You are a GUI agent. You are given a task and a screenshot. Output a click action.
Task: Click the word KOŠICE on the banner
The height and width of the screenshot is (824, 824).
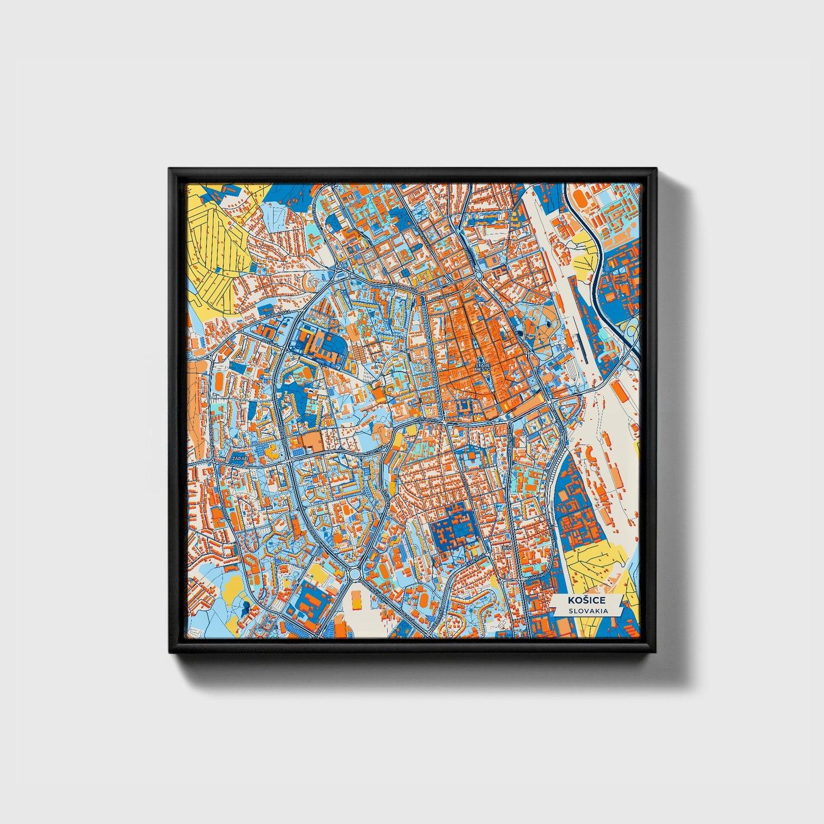click(x=586, y=600)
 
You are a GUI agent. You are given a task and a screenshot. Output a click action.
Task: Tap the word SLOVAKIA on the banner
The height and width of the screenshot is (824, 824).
click(x=587, y=611)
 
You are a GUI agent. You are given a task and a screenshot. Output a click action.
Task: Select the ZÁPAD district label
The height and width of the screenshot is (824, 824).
click(x=238, y=458)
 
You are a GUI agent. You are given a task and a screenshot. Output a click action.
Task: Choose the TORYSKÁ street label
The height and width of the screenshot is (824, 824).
click(x=374, y=450)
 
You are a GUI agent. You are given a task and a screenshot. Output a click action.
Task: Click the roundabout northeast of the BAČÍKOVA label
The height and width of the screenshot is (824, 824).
click(x=478, y=275)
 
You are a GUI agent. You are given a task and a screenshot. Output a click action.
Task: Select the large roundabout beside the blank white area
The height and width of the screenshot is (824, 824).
click(x=355, y=574)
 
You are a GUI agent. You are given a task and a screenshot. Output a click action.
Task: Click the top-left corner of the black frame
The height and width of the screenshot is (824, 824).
click(x=170, y=169)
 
